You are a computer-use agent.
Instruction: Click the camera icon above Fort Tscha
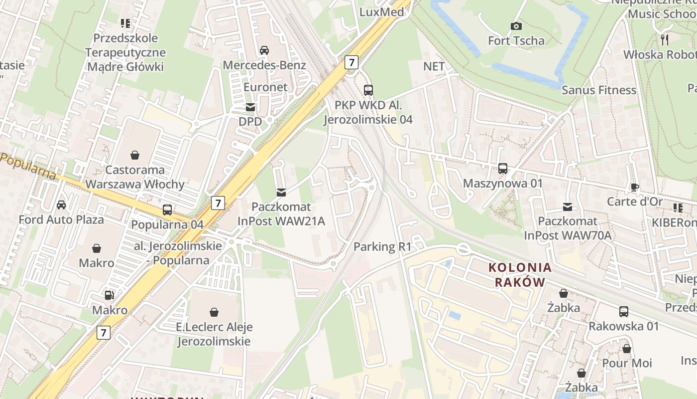516,26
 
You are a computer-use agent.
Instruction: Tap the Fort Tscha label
516,40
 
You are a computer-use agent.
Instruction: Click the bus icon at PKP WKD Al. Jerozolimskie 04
368,90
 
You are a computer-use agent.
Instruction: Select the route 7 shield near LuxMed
351,62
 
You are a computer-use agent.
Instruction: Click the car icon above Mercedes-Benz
264,50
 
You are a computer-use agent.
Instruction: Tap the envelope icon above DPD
250,107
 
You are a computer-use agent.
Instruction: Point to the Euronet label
265,87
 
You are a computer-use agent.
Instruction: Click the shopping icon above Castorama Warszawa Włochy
135,155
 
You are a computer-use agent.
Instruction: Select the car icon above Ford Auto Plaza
61,205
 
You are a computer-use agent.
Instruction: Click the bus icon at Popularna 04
167,210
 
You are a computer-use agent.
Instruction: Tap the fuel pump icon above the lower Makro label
110,295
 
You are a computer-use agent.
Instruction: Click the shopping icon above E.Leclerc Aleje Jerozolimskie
214,313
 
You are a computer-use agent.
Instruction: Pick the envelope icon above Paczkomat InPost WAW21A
281,193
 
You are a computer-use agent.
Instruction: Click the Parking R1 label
382,246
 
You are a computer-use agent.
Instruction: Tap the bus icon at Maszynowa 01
503,169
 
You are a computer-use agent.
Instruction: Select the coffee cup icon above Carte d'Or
635,187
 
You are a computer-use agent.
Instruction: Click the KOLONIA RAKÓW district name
520,275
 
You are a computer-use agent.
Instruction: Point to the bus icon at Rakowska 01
624,312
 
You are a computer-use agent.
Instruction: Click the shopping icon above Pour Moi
627,349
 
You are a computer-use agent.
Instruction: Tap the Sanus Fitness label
599,90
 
